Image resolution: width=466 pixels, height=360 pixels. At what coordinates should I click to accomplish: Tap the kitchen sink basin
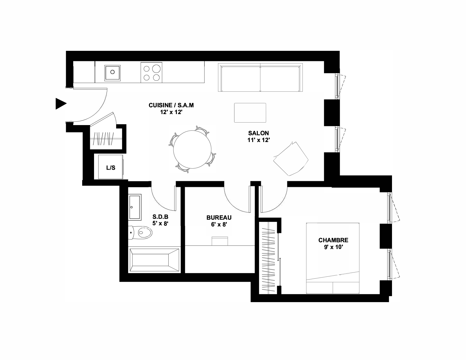112,73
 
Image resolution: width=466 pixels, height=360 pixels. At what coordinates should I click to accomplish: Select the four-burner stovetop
151,73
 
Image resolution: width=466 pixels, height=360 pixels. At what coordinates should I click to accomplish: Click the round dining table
192,149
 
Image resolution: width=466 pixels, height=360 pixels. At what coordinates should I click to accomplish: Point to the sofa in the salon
260,77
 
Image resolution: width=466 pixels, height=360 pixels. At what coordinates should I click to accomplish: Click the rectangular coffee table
250,113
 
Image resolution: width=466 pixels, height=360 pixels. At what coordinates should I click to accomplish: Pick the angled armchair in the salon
291,159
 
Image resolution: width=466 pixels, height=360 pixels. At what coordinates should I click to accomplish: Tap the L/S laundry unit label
111,168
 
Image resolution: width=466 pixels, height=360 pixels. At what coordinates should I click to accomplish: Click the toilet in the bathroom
140,232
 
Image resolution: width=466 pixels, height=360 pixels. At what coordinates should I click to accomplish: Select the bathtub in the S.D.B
154,260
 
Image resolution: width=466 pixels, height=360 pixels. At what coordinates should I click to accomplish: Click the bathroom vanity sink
135,207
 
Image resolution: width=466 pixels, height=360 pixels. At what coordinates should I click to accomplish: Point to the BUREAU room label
219,221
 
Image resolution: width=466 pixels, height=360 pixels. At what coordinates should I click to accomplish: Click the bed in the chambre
333,258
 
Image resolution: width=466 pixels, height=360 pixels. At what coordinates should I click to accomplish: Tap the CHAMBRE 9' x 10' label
333,244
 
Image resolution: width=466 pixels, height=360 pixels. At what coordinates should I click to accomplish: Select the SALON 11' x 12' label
258,137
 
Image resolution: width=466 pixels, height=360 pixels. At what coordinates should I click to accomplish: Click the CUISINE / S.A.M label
171,105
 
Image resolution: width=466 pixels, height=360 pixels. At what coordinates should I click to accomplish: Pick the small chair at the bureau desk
220,241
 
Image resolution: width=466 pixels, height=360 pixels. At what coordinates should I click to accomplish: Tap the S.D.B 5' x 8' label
160,220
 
